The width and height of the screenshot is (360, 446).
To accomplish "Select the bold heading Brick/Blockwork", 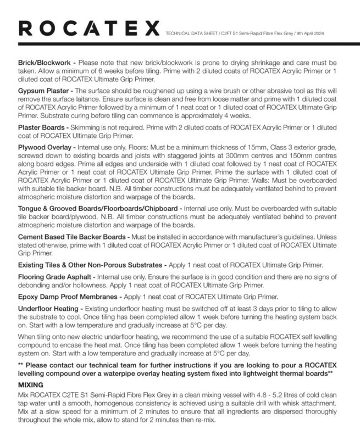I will tap(45, 63).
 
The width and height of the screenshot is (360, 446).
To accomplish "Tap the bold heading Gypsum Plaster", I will tap(43, 90).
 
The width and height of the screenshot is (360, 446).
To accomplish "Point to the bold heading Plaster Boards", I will tap(41, 127).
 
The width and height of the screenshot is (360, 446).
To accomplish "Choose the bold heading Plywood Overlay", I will tap(44, 148).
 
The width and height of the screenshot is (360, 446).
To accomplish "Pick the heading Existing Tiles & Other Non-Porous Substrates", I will tap(90, 265).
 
